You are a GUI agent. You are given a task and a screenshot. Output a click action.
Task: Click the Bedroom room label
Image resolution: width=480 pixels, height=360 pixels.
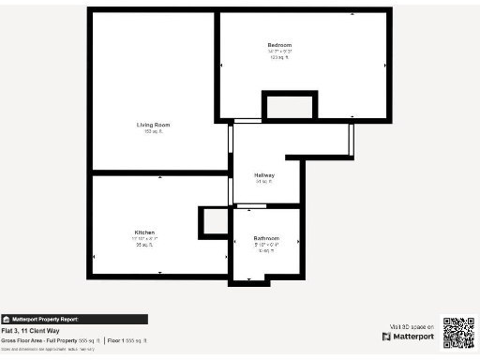(279, 45)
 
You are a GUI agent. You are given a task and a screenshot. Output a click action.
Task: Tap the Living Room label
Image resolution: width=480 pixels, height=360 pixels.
(153, 125)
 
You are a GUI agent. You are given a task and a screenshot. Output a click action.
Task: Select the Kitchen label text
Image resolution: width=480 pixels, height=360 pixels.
(144, 232)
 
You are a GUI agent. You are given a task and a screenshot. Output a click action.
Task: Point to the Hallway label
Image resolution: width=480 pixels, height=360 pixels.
(264, 175)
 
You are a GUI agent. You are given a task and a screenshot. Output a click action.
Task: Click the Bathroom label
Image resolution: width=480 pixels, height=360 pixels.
(266, 238)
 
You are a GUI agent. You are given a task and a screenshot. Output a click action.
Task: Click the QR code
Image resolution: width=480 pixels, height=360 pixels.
(458, 332)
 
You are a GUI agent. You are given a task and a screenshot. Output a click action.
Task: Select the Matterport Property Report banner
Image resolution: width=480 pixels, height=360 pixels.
(74, 319)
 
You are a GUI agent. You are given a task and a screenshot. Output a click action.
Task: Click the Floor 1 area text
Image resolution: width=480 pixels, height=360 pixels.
(127, 339)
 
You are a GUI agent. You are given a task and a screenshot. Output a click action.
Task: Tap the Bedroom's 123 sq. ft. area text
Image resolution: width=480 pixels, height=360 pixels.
(279, 57)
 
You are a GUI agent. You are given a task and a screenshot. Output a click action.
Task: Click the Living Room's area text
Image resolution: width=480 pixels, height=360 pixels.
(153, 131)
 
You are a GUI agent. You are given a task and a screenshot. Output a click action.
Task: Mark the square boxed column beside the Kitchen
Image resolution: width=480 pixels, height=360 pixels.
(213, 223)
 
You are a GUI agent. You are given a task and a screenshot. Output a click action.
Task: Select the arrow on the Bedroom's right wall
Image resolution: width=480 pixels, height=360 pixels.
(386, 66)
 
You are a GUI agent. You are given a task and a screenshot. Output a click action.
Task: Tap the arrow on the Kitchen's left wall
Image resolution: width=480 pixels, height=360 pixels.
(94, 256)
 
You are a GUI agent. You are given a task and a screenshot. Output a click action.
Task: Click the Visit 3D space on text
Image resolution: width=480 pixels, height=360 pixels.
(412, 324)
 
